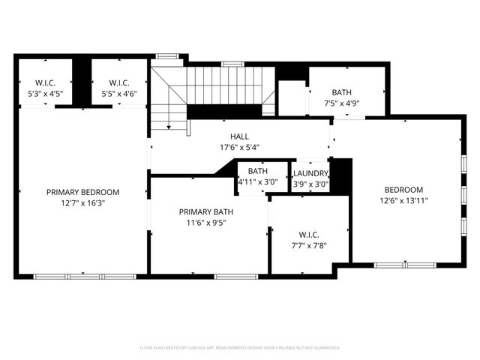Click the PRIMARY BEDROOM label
point(82,192)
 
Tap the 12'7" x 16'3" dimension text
point(82,202)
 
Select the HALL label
point(239,136)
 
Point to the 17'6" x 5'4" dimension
point(239,147)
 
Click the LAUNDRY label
point(310,174)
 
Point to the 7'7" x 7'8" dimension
point(309,245)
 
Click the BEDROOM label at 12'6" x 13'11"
point(404,190)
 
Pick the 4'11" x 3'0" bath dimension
point(257,182)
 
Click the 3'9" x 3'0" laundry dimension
point(310,184)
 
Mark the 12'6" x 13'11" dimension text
point(404,200)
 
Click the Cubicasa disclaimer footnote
point(239,348)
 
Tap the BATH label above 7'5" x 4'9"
point(342,93)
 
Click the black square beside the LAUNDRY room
point(341,175)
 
